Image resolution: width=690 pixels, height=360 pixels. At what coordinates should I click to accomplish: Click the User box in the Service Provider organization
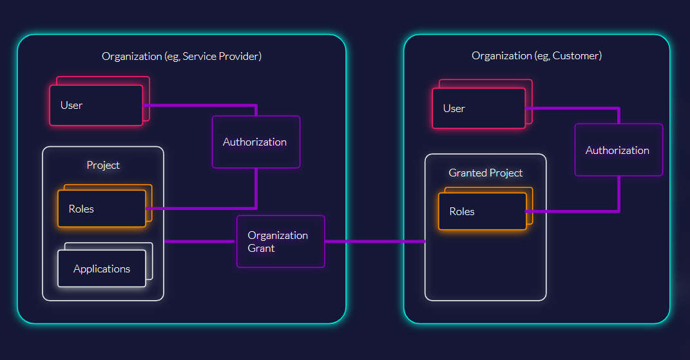96,105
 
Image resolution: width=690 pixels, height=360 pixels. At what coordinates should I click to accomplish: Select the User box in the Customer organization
479,108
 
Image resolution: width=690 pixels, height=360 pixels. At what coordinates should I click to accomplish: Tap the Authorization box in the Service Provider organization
256,142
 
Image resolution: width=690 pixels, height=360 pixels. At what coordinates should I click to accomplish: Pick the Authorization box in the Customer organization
618,150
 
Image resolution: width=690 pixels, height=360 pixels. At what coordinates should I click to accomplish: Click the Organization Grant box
281,242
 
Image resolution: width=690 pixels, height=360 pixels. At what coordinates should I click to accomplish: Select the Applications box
102,269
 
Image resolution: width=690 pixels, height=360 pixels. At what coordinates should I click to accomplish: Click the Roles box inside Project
102,209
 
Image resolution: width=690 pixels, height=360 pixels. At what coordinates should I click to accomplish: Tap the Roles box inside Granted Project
482,211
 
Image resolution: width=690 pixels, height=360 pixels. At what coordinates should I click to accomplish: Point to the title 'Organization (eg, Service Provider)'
182,56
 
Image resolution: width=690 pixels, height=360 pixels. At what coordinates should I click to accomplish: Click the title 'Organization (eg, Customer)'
537,55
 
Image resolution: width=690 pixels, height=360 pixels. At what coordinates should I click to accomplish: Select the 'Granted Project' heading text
486,173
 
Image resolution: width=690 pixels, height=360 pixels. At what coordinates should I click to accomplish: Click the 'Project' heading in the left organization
103,165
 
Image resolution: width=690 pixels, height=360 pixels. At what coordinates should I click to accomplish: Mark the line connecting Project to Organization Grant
200,242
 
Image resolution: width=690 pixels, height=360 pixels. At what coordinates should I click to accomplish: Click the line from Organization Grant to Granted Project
374,242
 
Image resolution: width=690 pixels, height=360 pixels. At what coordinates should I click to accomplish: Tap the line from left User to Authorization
200,105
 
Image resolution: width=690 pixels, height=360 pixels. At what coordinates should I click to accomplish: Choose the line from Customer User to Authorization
573,108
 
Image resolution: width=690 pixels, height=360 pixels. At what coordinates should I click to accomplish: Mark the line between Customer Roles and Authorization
573,211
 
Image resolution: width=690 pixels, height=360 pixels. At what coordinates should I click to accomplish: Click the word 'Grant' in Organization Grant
261,248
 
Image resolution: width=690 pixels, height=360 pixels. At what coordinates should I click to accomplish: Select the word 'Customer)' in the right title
578,55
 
